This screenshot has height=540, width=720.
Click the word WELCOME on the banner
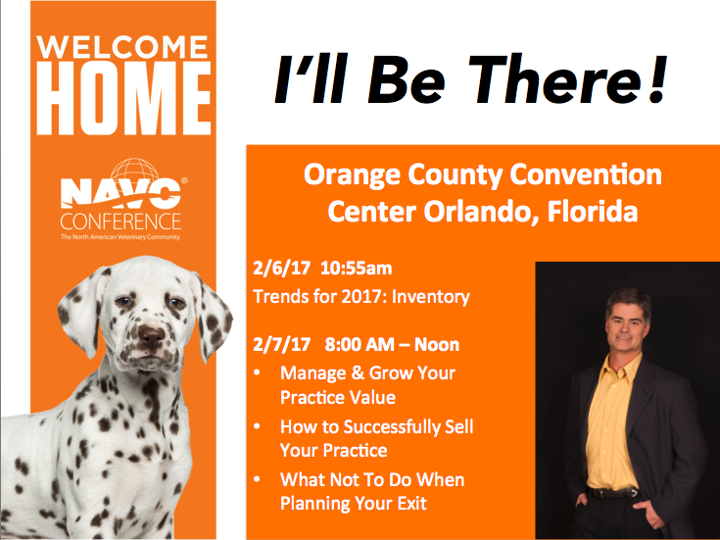[123, 47]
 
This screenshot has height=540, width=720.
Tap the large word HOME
[123, 99]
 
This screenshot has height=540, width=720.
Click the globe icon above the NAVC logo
[134, 171]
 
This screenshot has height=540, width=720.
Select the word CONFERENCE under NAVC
[120, 221]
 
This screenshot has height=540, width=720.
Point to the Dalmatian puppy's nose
[152, 335]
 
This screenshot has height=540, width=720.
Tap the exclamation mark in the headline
[656, 77]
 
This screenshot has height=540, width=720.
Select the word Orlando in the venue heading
[475, 212]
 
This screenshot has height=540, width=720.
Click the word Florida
[593, 212]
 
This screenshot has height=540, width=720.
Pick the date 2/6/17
[281, 269]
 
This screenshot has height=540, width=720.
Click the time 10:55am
[357, 269]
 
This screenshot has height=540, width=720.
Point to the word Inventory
[431, 297]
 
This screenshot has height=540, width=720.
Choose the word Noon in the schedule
[437, 345]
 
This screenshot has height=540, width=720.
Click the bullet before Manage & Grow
[257, 372]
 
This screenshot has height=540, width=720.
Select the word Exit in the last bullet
[411, 503]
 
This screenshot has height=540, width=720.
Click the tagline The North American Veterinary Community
[120, 237]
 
